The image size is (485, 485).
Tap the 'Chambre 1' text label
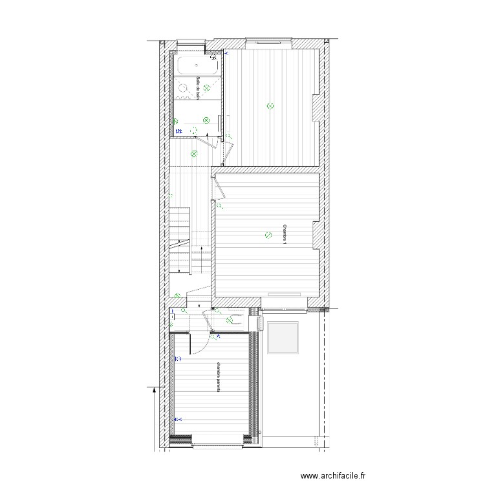coord(284,235)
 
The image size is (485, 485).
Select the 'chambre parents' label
coord(220,377)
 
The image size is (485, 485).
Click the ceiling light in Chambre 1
coord(268,235)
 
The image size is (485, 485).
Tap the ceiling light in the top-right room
coord(270,105)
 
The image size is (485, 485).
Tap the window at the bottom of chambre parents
coord(217,442)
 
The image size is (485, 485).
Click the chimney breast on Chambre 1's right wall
coord(316,235)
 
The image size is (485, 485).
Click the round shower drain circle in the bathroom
coord(183,87)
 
